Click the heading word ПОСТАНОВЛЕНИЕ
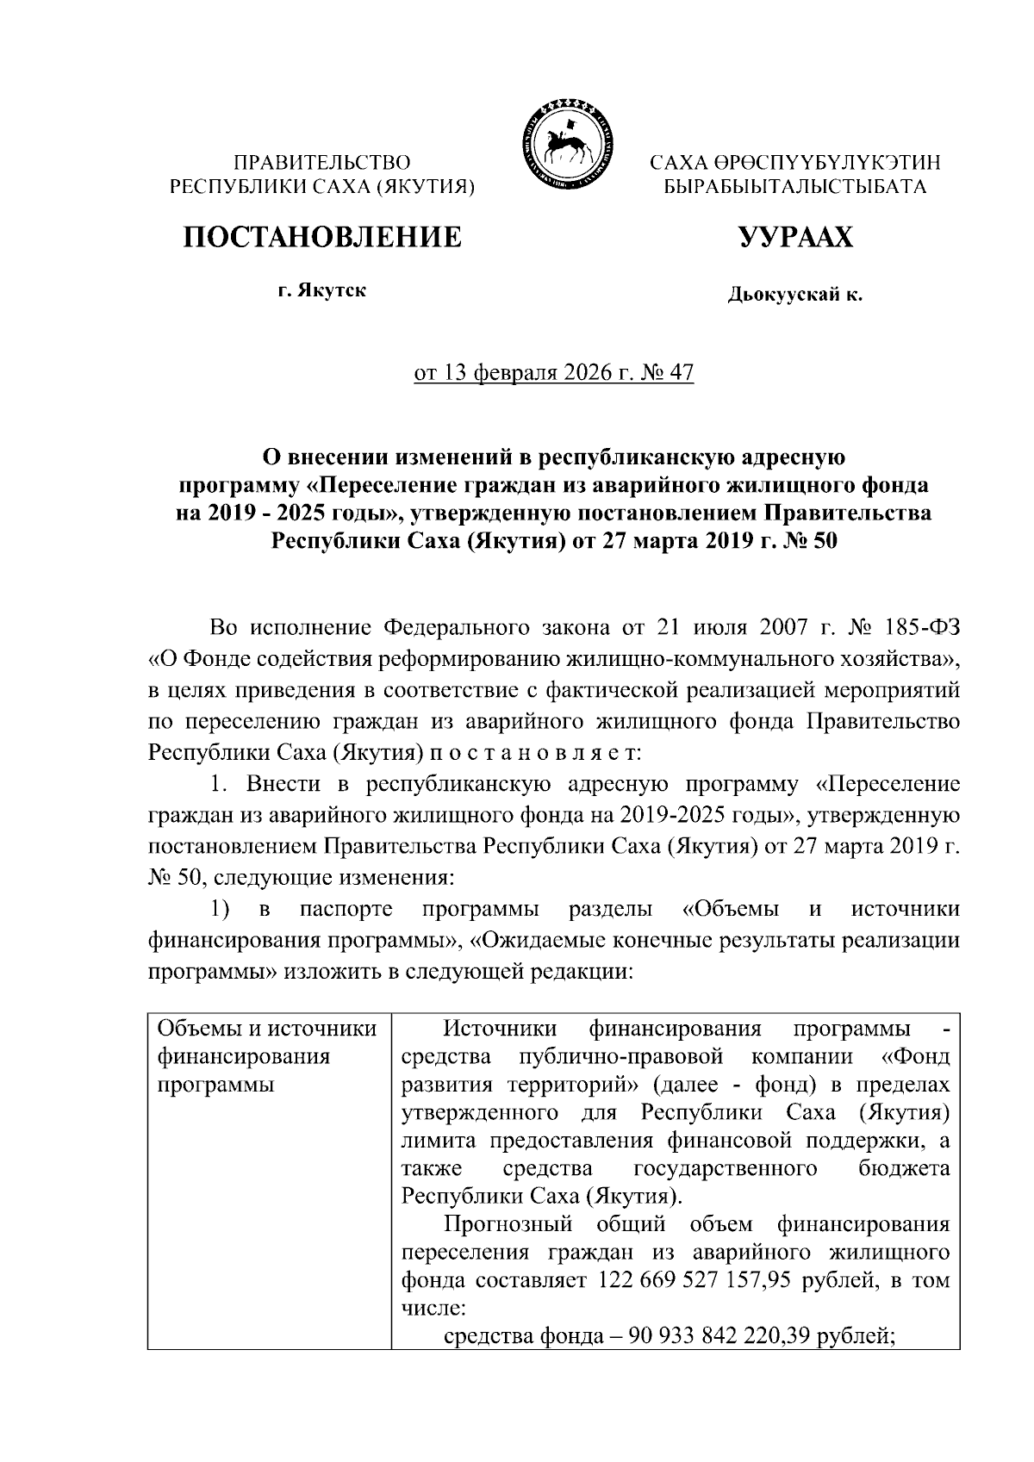tap(321, 236)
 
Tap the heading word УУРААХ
tap(794, 236)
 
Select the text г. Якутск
tap(321, 290)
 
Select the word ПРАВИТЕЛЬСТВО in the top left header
tap(323, 162)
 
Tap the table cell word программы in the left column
tap(215, 1085)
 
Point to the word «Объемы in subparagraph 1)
tap(731, 910)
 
